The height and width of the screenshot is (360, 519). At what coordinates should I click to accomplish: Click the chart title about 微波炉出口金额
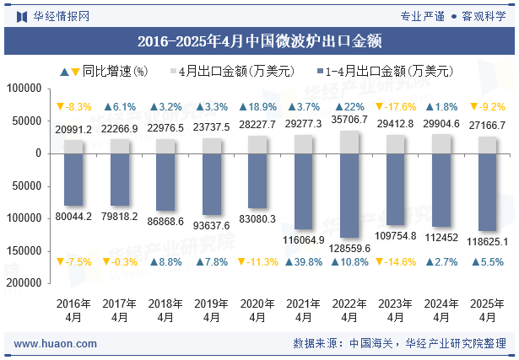click(x=259, y=40)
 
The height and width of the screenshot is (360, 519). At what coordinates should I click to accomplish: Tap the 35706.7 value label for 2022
click(x=349, y=120)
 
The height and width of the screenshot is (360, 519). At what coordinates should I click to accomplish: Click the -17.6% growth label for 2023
click(x=395, y=107)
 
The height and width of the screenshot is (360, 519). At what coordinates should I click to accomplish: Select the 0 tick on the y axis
click(x=38, y=153)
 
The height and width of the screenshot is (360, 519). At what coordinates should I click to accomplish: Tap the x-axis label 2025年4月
click(x=487, y=310)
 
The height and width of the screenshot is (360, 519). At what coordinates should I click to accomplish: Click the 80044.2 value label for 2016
click(x=74, y=217)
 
